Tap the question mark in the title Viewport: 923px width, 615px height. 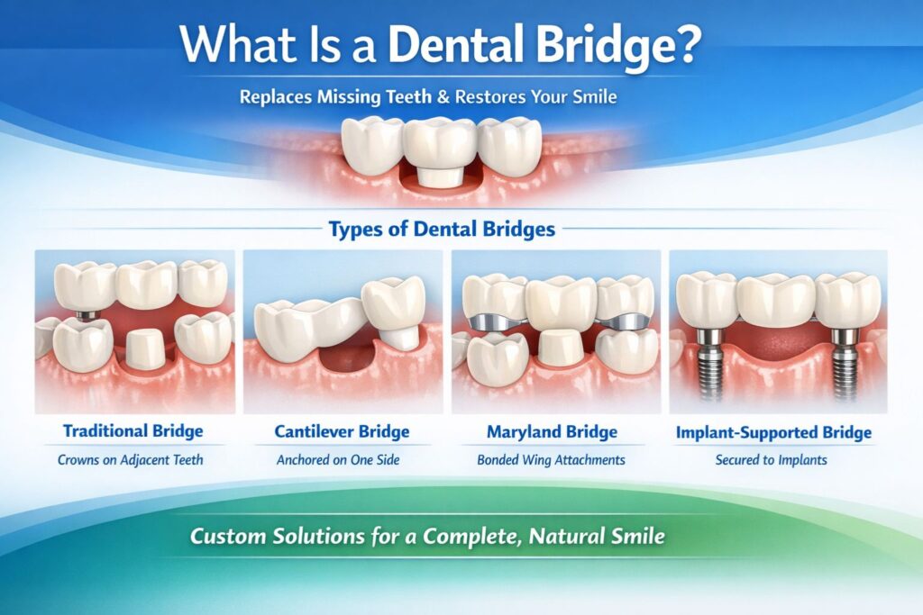coord(687,45)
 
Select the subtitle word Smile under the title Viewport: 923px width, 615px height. coord(592,96)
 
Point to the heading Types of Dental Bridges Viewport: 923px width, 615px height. coord(442,229)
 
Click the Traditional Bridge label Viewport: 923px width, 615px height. coord(134,431)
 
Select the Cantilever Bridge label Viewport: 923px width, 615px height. coord(342,431)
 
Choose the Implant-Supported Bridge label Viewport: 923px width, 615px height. coord(773,432)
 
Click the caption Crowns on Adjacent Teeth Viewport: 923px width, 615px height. coord(134,460)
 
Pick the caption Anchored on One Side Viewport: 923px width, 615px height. coord(342,460)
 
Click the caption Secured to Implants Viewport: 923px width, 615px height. coord(773,460)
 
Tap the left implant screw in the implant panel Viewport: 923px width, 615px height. coord(710,365)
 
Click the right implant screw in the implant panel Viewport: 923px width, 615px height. coord(845,365)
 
